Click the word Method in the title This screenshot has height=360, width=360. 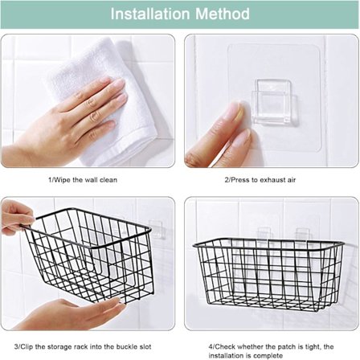tap(223, 14)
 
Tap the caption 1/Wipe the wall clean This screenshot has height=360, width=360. tap(83, 180)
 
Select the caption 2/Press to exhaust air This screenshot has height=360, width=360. tap(260, 180)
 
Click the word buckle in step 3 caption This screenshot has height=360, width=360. tap(125, 346)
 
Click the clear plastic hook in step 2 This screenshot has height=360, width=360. tap(274, 102)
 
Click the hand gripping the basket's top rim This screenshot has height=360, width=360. tap(17, 218)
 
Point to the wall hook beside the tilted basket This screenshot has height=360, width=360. tap(155, 229)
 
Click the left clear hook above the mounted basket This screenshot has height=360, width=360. tap(264, 234)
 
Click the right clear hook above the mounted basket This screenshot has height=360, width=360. tap(302, 234)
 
